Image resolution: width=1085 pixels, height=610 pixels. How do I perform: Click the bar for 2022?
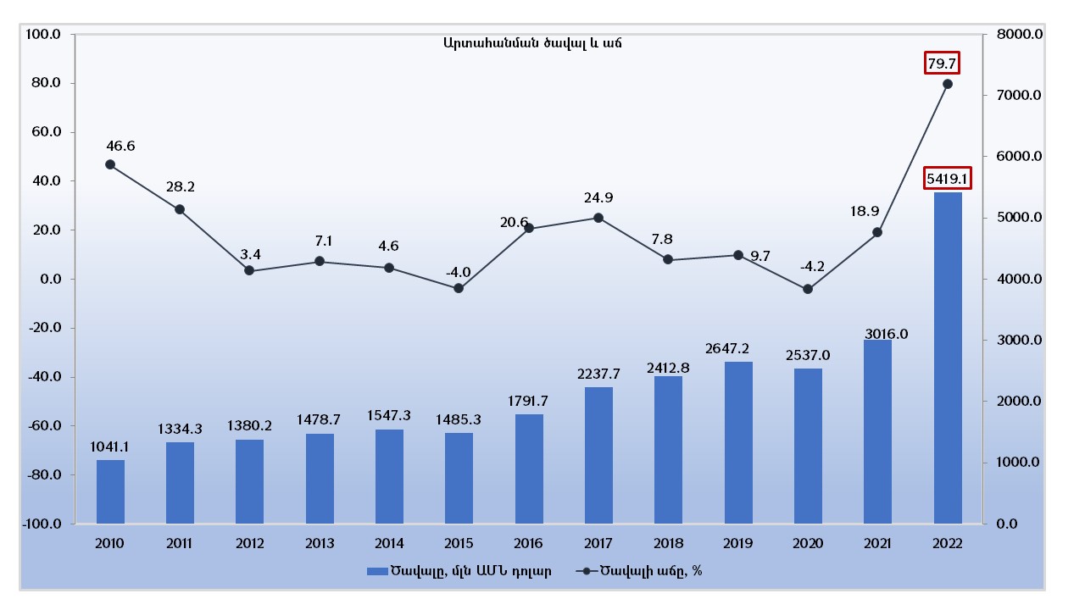click(948, 358)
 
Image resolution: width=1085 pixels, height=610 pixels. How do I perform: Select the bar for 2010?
click(110, 491)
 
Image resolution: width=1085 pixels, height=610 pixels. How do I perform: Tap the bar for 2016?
click(529, 469)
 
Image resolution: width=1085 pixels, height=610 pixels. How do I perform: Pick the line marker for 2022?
click(948, 84)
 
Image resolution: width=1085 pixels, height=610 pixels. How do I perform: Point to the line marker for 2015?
click(459, 288)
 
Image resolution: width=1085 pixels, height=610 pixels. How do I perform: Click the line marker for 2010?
click(110, 164)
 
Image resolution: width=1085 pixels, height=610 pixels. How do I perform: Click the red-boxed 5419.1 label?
click(947, 179)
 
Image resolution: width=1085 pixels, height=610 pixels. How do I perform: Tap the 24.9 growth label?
click(598, 198)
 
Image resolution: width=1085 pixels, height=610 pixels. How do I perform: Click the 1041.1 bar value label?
click(110, 446)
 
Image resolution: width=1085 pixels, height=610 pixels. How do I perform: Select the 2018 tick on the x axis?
click(668, 543)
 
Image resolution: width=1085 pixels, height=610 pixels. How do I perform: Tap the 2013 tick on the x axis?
click(320, 543)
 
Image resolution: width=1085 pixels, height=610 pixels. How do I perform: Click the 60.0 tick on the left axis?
click(45, 132)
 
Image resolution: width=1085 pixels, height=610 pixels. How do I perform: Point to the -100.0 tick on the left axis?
click(42, 524)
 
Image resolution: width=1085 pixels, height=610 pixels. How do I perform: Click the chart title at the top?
click(532, 43)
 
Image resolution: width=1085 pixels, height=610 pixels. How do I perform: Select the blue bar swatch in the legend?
click(376, 571)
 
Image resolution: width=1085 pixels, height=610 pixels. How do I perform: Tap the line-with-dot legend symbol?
click(587, 571)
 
